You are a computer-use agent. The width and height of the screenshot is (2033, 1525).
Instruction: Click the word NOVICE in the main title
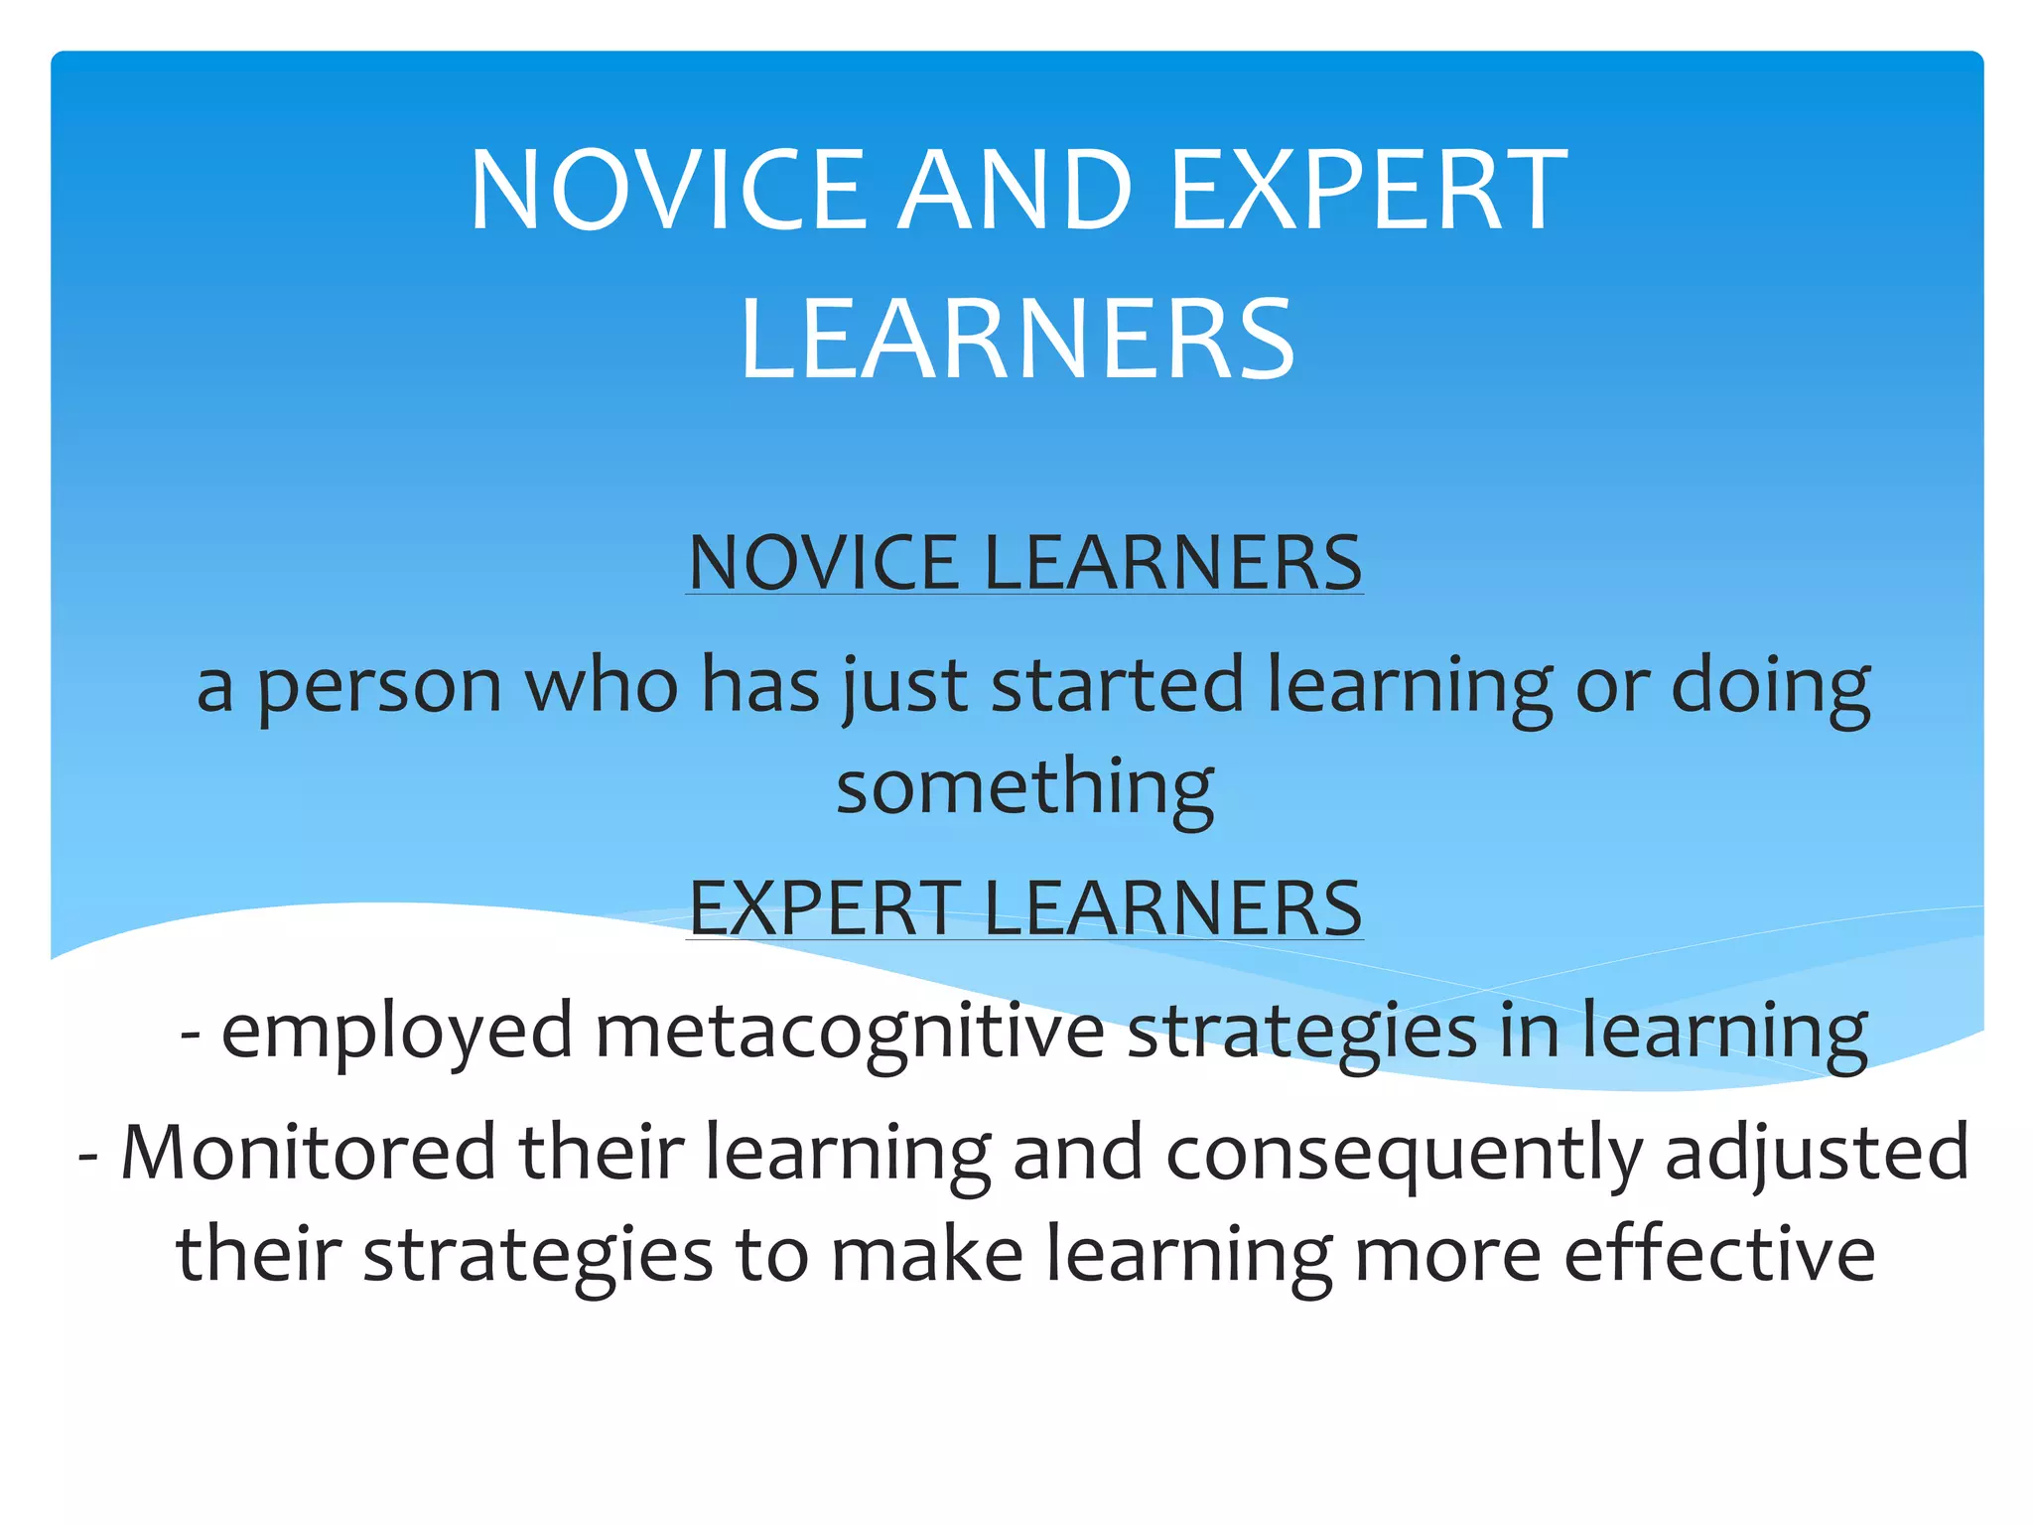pyautogui.click(x=666, y=190)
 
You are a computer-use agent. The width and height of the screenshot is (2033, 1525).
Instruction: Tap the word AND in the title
pyautogui.click(x=1018, y=190)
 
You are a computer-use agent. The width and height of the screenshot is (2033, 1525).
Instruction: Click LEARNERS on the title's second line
pyautogui.click(x=1017, y=339)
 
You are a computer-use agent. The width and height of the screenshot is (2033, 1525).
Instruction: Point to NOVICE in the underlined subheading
pyautogui.click(x=825, y=563)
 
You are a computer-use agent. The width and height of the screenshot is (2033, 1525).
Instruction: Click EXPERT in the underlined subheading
pyautogui.click(x=825, y=907)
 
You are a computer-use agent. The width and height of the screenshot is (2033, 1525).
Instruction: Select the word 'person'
pyautogui.click(x=379, y=687)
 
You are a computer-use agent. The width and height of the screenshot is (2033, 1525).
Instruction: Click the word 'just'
pyautogui.click(x=904, y=687)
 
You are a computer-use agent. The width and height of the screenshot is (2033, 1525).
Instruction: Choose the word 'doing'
pyautogui.click(x=1771, y=687)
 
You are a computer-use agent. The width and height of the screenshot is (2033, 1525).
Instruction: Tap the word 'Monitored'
pyautogui.click(x=308, y=1153)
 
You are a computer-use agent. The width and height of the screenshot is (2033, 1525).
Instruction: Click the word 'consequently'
pyautogui.click(x=1404, y=1155)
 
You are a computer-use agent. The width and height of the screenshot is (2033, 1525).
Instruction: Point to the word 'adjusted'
pyautogui.click(x=1817, y=1155)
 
